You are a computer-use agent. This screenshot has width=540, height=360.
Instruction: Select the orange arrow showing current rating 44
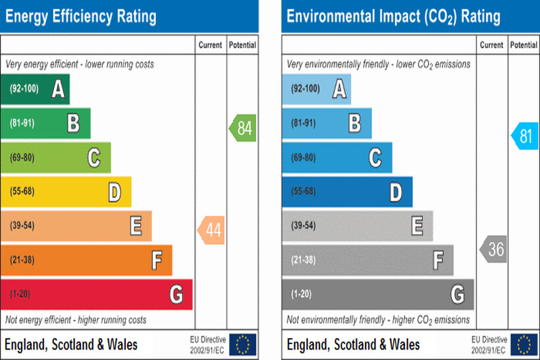[211, 230]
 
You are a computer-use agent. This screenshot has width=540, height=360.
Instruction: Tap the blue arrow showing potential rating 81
[524, 136]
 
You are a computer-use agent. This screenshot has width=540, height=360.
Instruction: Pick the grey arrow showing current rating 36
[493, 249]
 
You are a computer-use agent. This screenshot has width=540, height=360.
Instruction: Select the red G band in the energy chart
[96, 294]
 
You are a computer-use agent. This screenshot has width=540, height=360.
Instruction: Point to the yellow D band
[66, 192]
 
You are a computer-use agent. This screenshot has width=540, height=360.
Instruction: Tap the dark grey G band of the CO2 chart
[377, 294]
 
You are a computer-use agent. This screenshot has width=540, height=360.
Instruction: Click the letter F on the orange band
[157, 261]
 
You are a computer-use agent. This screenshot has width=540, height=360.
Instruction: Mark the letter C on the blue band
[375, 158]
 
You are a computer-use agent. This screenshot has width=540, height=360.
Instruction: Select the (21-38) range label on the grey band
[304, 260]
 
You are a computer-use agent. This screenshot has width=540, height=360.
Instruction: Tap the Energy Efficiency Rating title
[81, 16]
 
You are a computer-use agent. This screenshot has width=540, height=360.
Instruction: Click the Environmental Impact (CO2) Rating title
[393, 16]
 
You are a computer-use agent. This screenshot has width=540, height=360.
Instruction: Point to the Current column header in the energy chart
[210, 45]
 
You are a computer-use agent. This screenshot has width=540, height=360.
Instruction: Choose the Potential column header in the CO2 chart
[524, 45]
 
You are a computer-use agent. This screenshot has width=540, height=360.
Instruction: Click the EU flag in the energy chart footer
[242, 344]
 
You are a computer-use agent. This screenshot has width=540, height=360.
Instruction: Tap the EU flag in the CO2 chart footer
[524, 344]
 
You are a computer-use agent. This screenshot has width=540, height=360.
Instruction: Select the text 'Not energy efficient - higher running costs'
[76, 320]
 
